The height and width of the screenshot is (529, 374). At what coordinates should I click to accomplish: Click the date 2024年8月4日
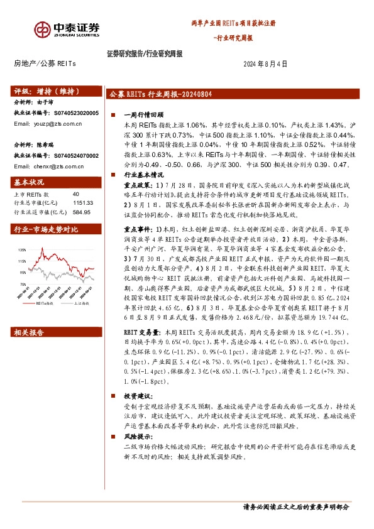click(x=265, y=63)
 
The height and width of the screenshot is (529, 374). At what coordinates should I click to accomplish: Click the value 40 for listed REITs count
click(x=76, y=194)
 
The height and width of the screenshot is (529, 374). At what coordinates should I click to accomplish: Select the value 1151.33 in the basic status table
click(x=82, y=203)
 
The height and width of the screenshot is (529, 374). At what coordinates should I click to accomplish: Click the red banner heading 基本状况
click(x=29, y=182)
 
